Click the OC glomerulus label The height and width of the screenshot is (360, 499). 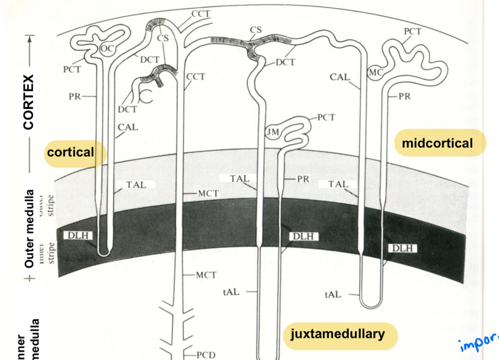pos(107,49)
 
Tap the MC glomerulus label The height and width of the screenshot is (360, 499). pos(376,73)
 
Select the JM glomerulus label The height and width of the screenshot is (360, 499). pos(273,132)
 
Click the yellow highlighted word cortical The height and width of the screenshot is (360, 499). pos(71,153)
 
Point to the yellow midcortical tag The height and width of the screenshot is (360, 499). pos(437,143)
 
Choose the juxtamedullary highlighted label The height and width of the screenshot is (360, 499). pos(337,334)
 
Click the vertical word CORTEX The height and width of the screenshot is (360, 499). pos(28,102)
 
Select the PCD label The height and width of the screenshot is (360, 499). pos(206,355)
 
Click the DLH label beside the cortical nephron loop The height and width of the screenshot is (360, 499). pos(78,236)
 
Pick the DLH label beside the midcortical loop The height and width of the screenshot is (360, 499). pos(402,248)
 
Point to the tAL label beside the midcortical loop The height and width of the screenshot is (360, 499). pos(333,295)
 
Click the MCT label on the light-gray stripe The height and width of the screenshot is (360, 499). pos(208,193)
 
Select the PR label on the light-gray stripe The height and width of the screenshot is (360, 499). pos(303,179)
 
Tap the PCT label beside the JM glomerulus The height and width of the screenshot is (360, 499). pos(326,117)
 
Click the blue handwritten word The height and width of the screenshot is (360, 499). pos(479,342)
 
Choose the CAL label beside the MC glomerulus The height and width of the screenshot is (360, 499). pos(340,77)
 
